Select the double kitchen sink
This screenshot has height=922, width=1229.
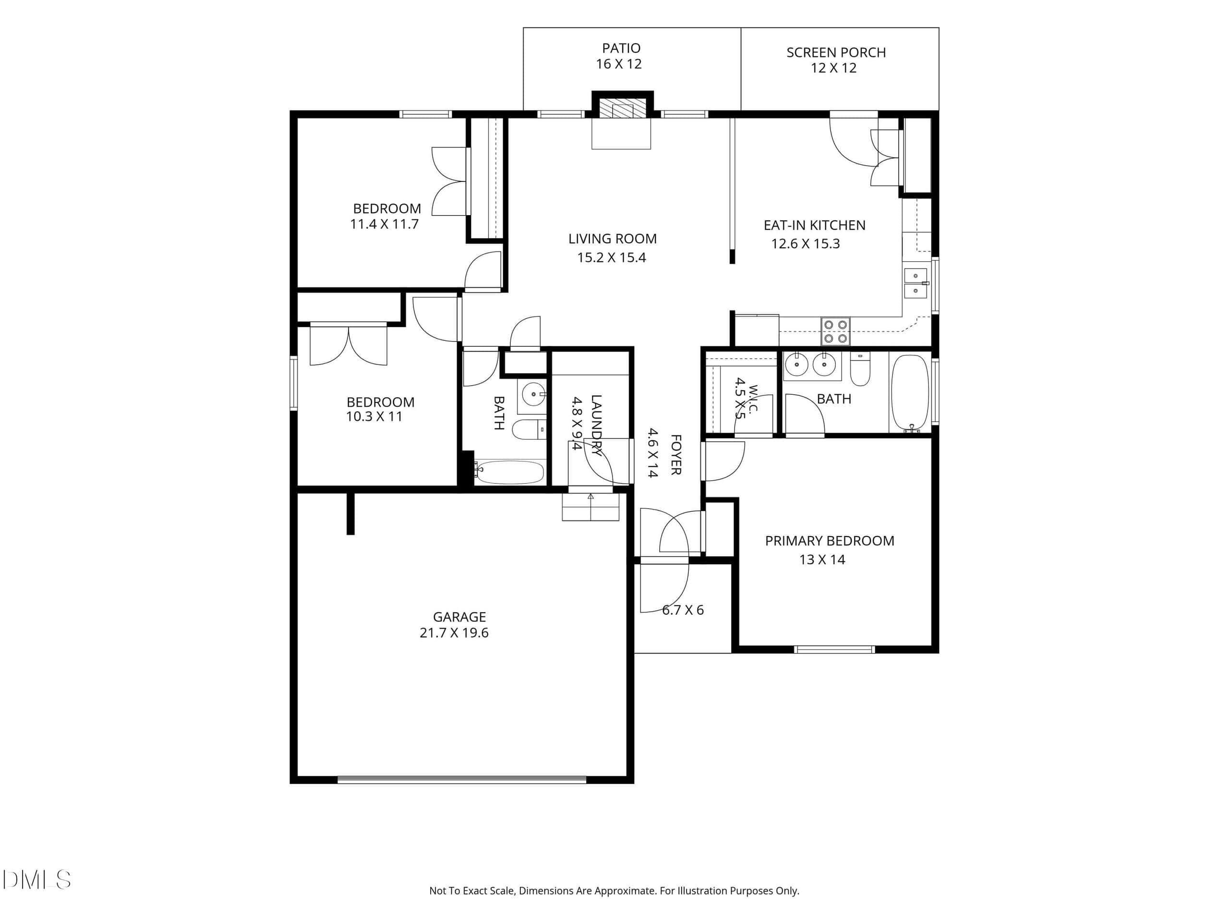click(916, 283)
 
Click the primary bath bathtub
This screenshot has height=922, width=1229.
click(910, 393)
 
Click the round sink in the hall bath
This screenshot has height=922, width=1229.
click(533, 394)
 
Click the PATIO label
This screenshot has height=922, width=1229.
click(621, 49)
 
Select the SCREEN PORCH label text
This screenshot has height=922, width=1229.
click(836, 53)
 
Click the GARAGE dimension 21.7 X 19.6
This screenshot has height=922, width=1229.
click(454, 633)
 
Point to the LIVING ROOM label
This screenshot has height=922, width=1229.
click(612, 239)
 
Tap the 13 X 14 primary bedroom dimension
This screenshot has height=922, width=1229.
click(822, 559)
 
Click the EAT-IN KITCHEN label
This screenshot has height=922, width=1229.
click(815, 226)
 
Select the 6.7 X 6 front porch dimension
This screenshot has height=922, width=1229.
click(683, 610)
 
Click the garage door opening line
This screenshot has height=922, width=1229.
click(462, 780)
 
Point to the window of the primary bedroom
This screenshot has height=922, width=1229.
click(834, 649)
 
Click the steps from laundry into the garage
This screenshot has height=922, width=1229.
click(590, 507)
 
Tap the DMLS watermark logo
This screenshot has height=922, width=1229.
click(36, 880)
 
